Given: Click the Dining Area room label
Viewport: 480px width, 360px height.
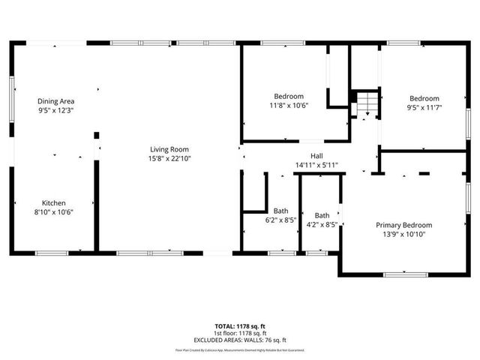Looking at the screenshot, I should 56,101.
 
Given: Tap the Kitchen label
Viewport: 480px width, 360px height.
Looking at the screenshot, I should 53,203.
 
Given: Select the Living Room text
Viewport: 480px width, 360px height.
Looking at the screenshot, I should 169,149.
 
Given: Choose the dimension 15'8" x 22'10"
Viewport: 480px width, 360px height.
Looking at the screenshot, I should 169,158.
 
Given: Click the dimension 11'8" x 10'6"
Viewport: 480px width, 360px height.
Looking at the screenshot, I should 289,105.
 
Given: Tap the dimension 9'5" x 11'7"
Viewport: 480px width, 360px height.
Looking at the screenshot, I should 424,108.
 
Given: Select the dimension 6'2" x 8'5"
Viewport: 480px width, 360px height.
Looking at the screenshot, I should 280,220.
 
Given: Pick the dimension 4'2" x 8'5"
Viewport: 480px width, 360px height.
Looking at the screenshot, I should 322,224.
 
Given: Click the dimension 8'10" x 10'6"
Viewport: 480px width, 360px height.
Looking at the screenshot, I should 53,212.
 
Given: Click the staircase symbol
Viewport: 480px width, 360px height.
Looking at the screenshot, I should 365,103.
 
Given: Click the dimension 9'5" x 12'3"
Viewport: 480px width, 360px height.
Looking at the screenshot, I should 56,110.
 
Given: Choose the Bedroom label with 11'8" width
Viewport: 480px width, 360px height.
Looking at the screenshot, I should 289,96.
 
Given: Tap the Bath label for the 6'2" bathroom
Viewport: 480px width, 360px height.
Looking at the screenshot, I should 280,211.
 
